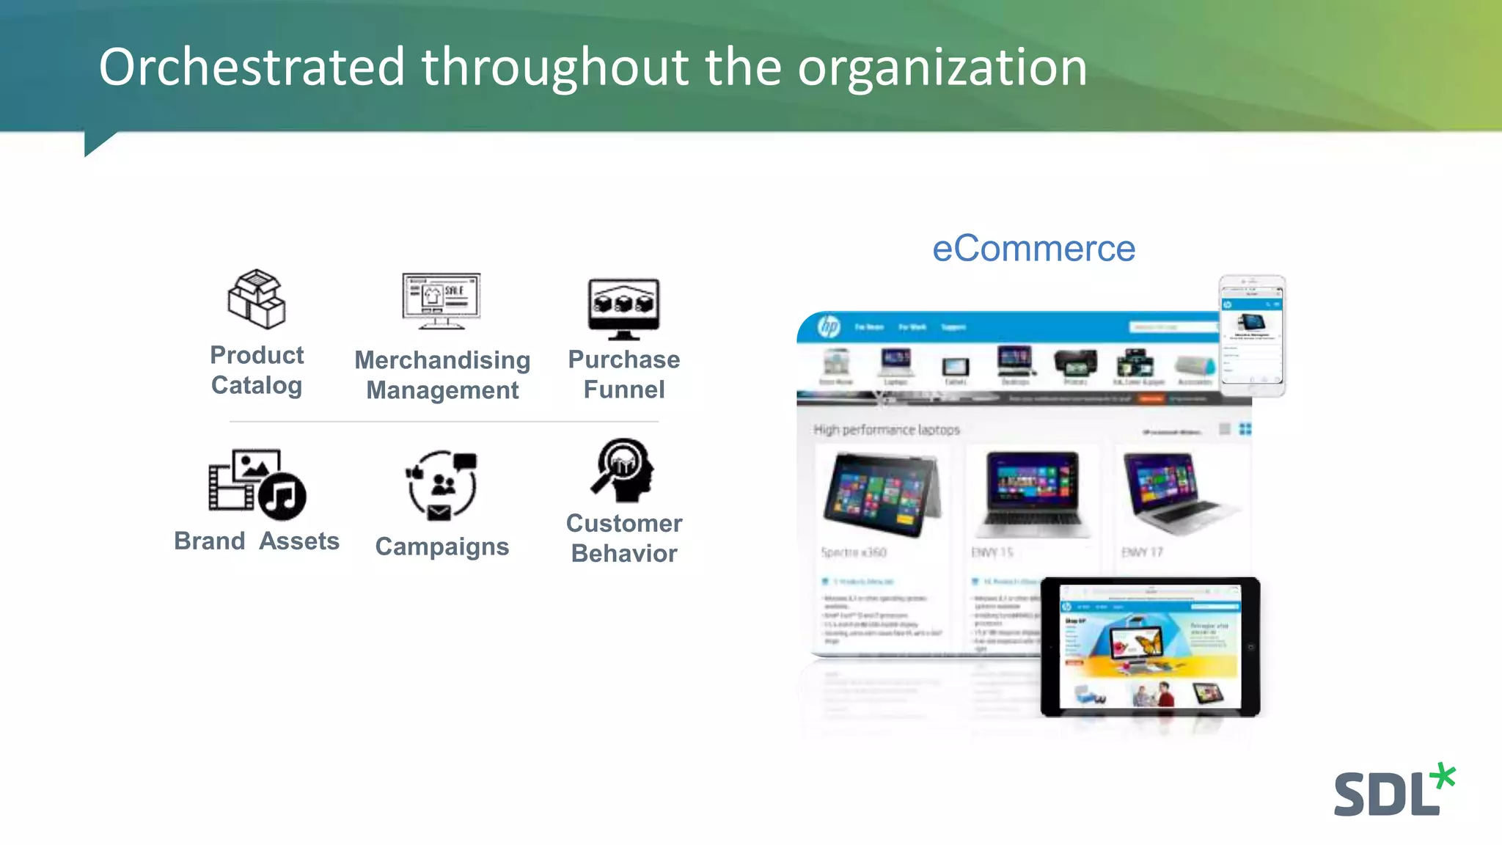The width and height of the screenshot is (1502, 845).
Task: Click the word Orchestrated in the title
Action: tap(252, 67)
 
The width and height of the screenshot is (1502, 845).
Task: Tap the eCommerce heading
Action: tap(1033, 249)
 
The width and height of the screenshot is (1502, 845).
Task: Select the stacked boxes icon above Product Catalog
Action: tap(256, 299)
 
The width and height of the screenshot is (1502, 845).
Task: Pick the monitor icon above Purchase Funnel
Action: tap(623, 309)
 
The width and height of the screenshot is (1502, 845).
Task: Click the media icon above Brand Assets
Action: tap(257, 484)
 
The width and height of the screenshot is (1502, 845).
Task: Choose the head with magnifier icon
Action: tap(623, 470)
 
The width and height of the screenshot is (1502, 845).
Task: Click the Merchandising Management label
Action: tap(442, 375)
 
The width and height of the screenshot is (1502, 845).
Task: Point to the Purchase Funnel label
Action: tap(624, 374)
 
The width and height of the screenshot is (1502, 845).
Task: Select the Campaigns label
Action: tap(442, 546)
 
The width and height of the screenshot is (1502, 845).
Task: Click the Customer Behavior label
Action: tap(624, 538)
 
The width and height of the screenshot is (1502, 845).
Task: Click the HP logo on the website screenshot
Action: tap(829, 326)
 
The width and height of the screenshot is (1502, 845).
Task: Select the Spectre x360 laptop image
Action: tap(881, 494)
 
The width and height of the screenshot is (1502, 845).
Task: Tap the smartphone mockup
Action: tap(1252, 334)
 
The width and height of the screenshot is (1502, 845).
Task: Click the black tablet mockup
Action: tap(1150, 647)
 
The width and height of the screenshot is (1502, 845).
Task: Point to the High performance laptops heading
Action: tap(886, 430)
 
